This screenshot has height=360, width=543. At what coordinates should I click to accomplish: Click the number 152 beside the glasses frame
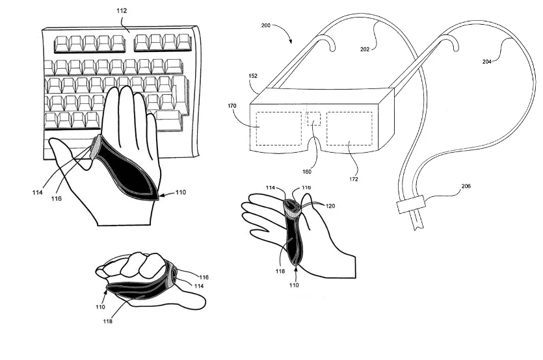[252, 76]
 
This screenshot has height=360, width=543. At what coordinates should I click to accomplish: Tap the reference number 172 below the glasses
[353, 179]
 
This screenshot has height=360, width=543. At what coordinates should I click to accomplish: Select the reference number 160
[307, 172]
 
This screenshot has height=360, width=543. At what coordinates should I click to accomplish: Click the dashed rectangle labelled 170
[278, 128]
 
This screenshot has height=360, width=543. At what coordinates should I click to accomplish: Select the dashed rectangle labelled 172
[349, 128]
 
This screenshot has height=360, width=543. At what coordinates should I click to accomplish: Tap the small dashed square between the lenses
[314, 120]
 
